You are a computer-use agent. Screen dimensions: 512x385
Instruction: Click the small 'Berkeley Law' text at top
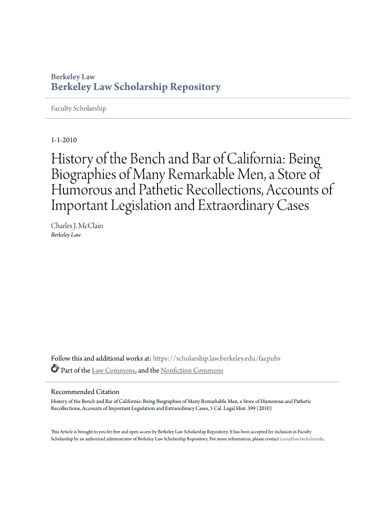73,77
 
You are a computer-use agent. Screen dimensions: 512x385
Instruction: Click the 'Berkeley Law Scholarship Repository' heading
135,87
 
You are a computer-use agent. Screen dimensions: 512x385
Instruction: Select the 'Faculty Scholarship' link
79,108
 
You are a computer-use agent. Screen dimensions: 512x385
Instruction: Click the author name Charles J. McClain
77,226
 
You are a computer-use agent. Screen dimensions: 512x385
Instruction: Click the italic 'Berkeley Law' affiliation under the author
66,235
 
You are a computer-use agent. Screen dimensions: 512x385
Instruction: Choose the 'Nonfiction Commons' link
192,370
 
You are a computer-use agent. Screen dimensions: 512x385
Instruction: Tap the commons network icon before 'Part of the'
55,370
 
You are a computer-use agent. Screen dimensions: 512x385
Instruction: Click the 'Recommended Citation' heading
85,392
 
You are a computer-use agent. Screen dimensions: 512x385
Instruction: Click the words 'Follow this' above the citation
66,358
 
